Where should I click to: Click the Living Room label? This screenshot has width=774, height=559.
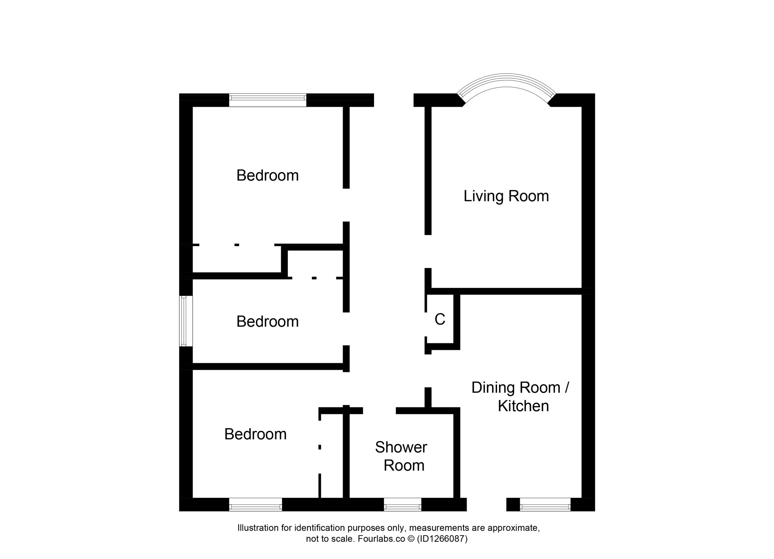(x=506, y=197)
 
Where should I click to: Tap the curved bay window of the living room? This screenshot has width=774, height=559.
(x=506, y=80)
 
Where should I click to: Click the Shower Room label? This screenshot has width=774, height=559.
(x=401, y=456)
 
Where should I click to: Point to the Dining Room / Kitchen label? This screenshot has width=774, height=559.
(x=520, y=397)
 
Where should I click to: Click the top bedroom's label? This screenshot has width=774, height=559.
(x=268, y=175)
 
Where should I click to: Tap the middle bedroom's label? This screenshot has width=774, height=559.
(x=268, y=321)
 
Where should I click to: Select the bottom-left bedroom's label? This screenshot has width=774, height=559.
(x=255, y=434)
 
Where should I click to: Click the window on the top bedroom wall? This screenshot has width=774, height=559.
(x=268, y=100)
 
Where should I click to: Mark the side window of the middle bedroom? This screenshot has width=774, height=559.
(x=186, y=321)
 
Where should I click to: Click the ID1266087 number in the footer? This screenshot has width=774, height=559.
(x=442, y=539)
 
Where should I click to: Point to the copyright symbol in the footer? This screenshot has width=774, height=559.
(x=411, y=539)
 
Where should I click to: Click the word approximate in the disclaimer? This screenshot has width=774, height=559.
(x=514, y=528)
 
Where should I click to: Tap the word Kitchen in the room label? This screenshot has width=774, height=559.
(x=523, y=406)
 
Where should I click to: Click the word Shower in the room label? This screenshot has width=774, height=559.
(x=401, y=447)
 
